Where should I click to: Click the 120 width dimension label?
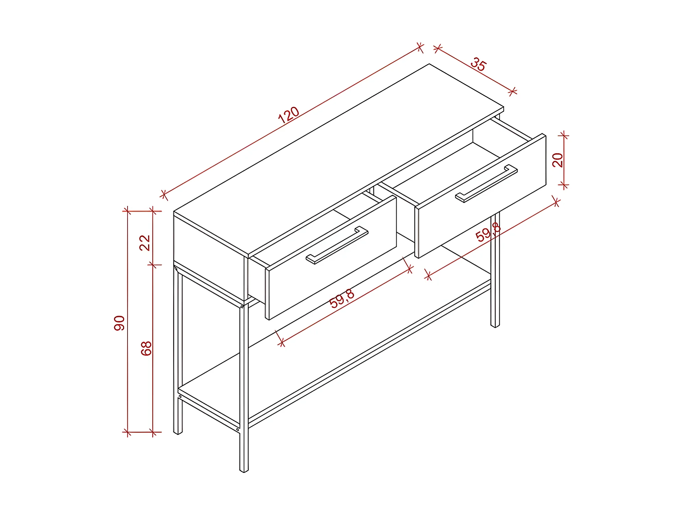288,115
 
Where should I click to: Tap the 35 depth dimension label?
478,64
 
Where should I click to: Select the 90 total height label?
119,323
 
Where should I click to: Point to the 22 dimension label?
145,243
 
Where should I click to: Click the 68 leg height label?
146,348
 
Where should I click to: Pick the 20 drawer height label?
557,160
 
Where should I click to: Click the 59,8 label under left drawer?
341,299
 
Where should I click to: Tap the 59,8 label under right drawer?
488,232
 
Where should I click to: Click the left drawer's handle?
337,245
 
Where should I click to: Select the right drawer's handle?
486,183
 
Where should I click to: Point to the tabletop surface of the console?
339,159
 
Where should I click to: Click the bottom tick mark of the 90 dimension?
127,432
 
